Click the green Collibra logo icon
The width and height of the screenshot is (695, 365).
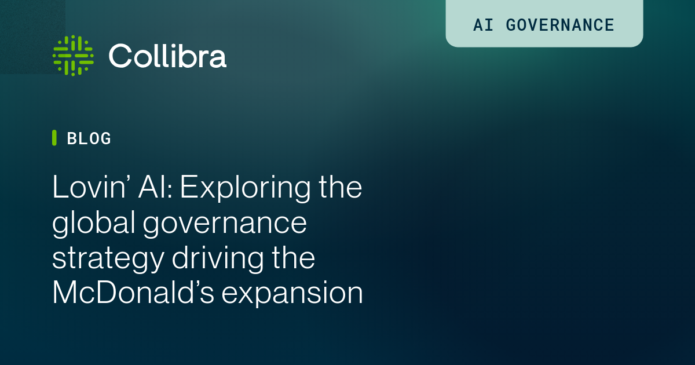coord(73,56)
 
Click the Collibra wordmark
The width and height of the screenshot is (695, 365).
coord(167,56)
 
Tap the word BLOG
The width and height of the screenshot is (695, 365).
coord(89,138)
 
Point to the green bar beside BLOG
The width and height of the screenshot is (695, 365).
coord(54,138)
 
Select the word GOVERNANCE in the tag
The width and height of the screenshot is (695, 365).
coord(560,25)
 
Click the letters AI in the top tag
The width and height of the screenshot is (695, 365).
coord(483,25)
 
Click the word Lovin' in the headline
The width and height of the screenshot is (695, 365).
coord(89,187)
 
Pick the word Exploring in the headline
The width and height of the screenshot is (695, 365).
coord(246,188)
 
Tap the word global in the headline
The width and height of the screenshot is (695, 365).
coord(93,222)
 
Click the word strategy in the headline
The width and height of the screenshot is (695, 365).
coord(108,260)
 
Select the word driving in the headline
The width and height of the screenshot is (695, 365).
coord(218,258)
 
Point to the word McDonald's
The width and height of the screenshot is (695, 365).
coord(133,293)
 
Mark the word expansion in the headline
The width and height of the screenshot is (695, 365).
coord(292,294)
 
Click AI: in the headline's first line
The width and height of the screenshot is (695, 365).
coord(155,187)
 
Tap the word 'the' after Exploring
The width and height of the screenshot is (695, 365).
coord(341,187)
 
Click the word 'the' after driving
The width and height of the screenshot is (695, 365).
coord(294,257)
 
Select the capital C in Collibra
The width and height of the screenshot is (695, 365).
coord(120,56)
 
